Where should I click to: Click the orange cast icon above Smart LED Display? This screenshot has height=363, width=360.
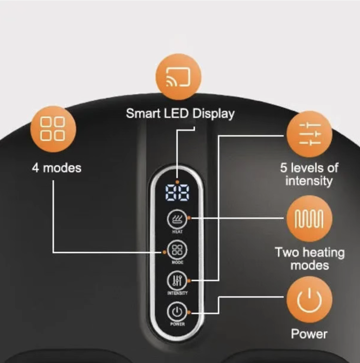178,77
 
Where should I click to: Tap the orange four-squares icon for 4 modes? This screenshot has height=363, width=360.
53,129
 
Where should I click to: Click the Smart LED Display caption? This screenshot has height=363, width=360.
180,113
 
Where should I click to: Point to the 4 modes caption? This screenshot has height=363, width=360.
56,169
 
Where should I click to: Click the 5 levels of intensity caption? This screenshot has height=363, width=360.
309,174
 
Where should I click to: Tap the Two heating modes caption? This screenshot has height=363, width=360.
309,259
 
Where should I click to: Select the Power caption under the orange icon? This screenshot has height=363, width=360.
309,333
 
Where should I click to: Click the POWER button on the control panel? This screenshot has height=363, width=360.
177,312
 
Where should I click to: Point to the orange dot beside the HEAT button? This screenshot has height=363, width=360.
190,218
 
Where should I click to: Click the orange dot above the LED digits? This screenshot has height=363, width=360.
177,182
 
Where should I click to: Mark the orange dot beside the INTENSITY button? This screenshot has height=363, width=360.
190,280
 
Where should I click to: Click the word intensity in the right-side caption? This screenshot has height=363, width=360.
309,181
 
